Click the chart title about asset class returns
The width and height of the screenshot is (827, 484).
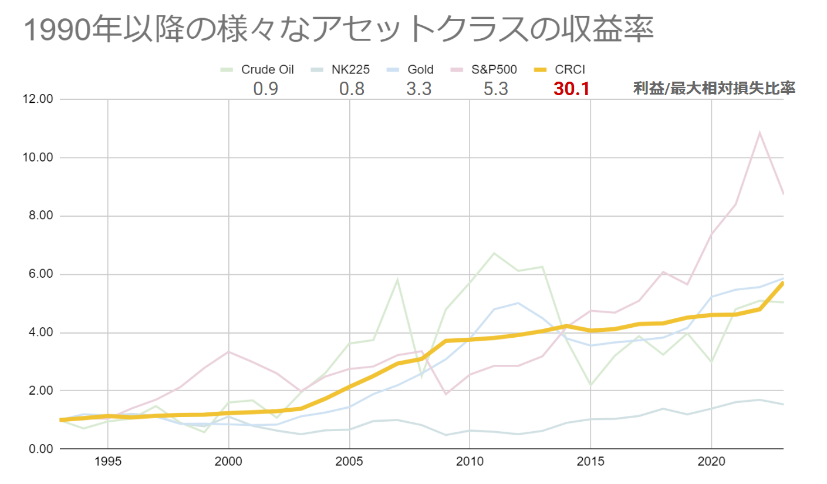[339, 30]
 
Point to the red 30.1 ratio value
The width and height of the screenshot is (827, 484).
[571, 89]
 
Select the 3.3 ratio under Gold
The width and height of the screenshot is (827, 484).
[419, 89]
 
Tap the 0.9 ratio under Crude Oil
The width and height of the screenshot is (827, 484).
[265, 89]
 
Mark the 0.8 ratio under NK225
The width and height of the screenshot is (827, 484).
[352, 89]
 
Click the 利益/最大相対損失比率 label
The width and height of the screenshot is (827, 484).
[714, 89]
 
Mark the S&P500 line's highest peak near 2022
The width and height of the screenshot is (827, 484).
[760, 133]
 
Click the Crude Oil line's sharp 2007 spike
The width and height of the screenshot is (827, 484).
[397, 280]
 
